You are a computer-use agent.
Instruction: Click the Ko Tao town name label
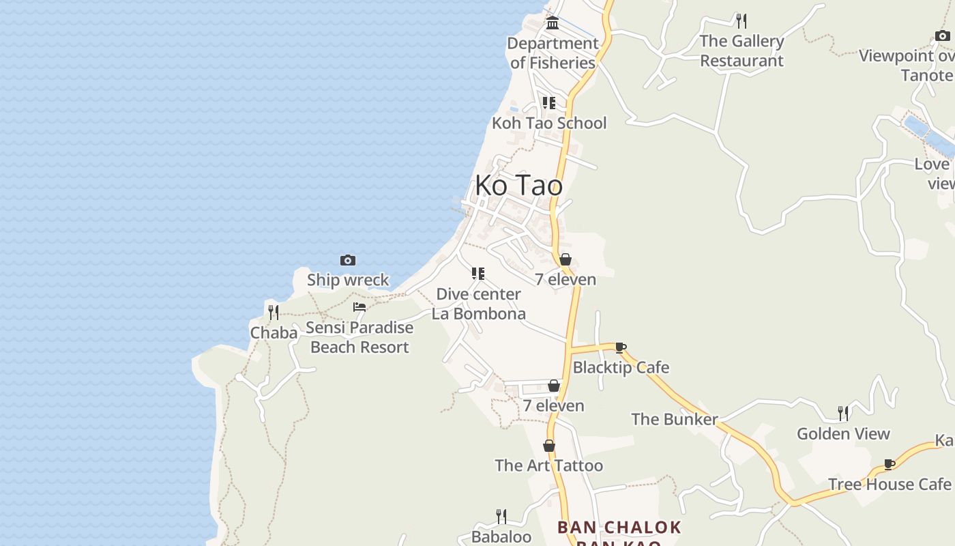[x=518, y=186]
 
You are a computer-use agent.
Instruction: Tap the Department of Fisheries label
[x=553, y=53]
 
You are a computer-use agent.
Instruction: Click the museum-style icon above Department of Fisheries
[x=553, y=23]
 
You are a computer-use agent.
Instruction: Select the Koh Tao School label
[x=549, y=123]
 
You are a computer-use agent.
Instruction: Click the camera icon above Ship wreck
[x=348, y=260]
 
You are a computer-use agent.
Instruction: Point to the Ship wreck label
[x=348, y=280]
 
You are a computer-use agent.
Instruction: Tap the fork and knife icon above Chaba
[x=274, y=313]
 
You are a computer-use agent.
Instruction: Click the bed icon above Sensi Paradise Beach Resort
[x=359, y=307]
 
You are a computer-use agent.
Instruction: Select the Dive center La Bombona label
[x=478, y=304]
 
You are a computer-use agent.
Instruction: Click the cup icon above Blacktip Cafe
[x=621, y=347]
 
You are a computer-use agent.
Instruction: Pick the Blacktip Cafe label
[x=621, y=367]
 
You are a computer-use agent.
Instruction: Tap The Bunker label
[x=674, y=419]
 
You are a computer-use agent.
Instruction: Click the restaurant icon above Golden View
[x=844, y=413]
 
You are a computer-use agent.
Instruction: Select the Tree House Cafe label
[x=889, y=484]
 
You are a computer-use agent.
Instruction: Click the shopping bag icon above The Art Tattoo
[x=549, y=446]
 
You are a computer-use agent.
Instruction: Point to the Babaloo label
[x=501, y=536]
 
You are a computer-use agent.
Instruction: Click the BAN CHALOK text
[x=619, y=528]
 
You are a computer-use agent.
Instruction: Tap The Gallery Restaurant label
[x=741, y=51]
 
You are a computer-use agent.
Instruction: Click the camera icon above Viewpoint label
[x=942, y=35]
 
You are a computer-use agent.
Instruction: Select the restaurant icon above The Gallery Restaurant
[x=741, y=20]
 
